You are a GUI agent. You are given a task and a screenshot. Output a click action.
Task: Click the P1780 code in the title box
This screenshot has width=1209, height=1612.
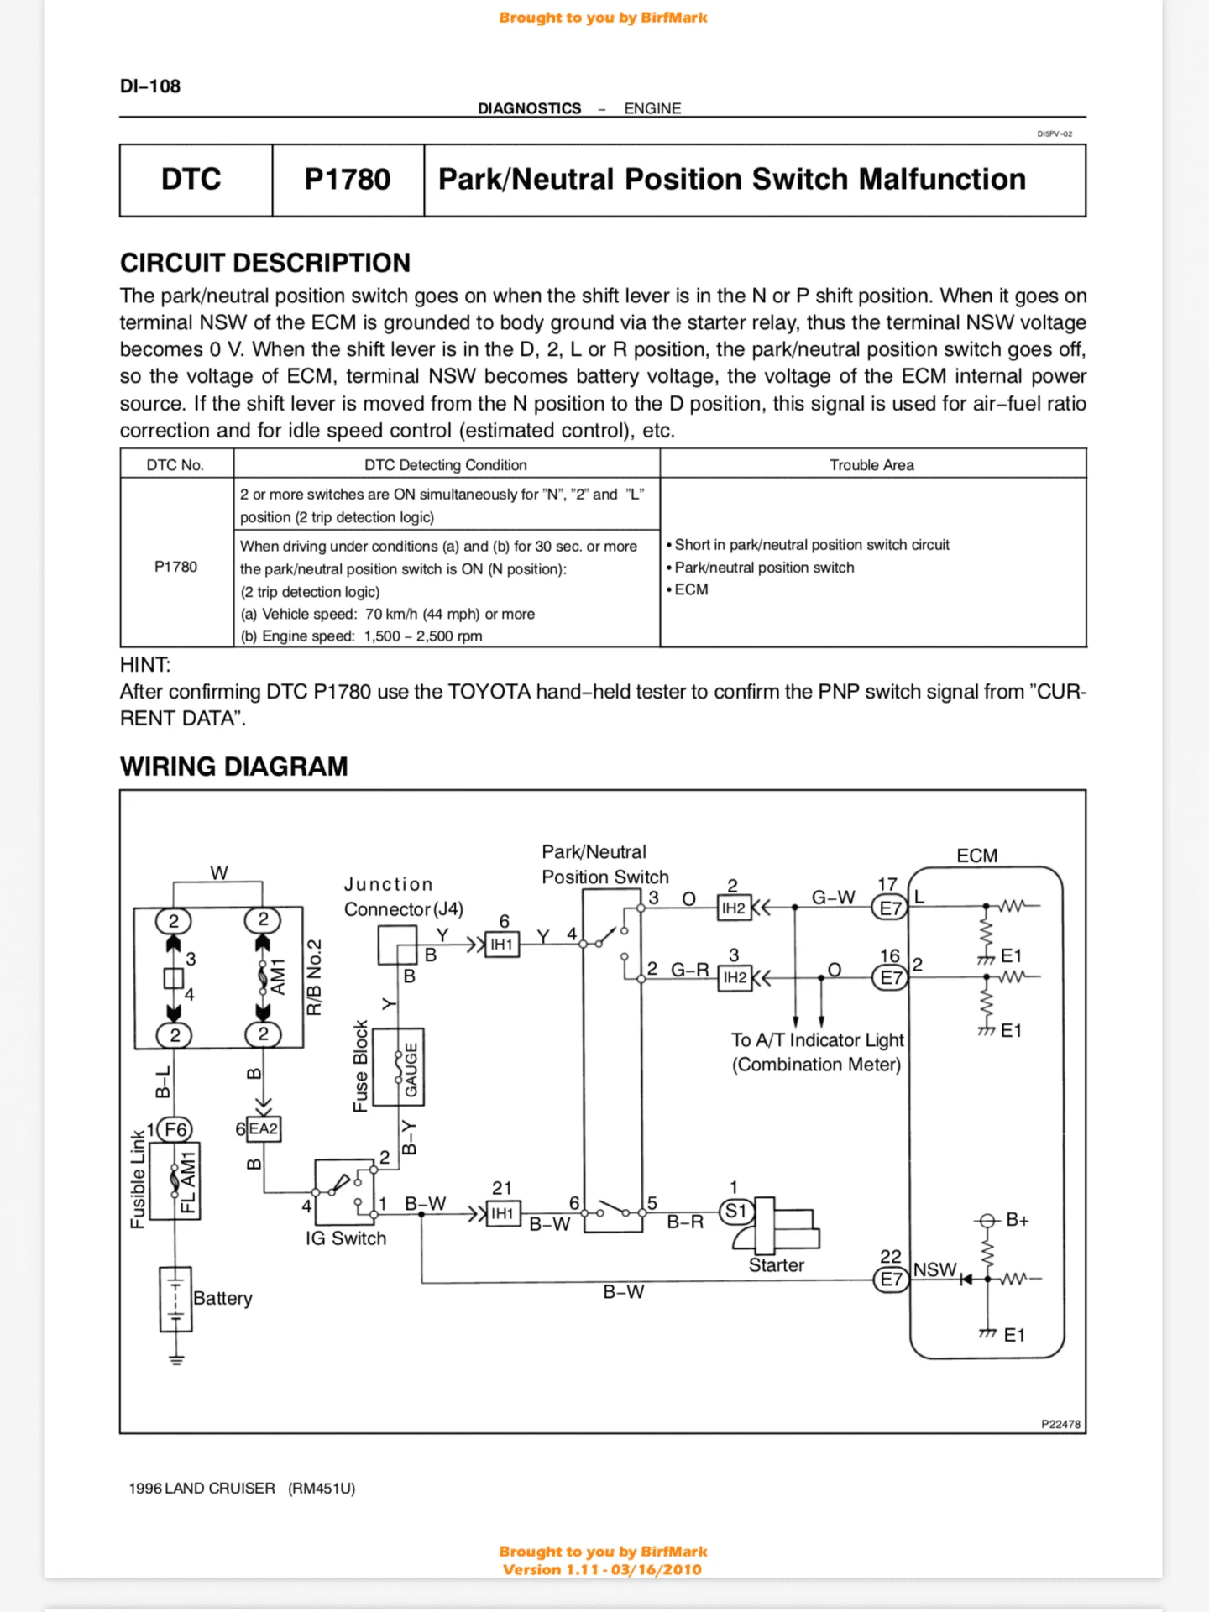coord(347,180)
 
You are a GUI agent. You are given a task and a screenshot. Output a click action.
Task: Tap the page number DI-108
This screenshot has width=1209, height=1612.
coord(150,86)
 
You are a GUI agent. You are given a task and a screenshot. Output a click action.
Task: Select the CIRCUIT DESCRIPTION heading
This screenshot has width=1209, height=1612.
coord(265,263)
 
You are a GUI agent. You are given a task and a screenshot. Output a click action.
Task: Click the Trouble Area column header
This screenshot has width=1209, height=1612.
coord(871,465)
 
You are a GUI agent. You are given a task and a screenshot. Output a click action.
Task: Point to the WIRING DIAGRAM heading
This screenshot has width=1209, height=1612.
coord(234,767)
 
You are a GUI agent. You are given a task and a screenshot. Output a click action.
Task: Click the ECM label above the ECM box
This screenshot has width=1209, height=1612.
coord(977,856)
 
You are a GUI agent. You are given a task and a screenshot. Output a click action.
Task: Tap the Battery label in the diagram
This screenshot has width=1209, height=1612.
coord(222,1298)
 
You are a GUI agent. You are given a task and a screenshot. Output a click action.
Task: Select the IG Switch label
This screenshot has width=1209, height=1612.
coord(346,1238)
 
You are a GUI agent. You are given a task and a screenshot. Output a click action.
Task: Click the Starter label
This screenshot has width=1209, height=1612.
coord(776,1265)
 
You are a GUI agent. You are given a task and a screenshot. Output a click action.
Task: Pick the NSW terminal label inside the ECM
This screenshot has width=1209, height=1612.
coord(934,1269)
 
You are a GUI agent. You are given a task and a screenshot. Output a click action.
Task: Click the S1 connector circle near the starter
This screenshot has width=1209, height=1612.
coord(735,1212)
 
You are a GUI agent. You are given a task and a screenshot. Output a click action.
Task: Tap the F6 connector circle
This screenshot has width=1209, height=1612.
coord(175,1129)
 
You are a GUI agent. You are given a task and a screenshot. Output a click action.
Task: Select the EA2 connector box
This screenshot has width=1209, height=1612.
coord(263,1129)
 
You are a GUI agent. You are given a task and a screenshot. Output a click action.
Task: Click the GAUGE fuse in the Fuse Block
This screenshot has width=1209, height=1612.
coord(409,1068)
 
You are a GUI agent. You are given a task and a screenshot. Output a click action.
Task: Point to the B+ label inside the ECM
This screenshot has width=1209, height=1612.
coord(1017,1220)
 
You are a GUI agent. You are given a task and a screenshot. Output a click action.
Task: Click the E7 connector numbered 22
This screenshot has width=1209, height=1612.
coord(891,1280)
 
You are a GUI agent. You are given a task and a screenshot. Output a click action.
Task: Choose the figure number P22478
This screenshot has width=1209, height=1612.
coord(1060,1425)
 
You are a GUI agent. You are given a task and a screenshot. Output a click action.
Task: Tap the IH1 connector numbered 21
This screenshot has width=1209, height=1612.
coord(502,1214)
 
